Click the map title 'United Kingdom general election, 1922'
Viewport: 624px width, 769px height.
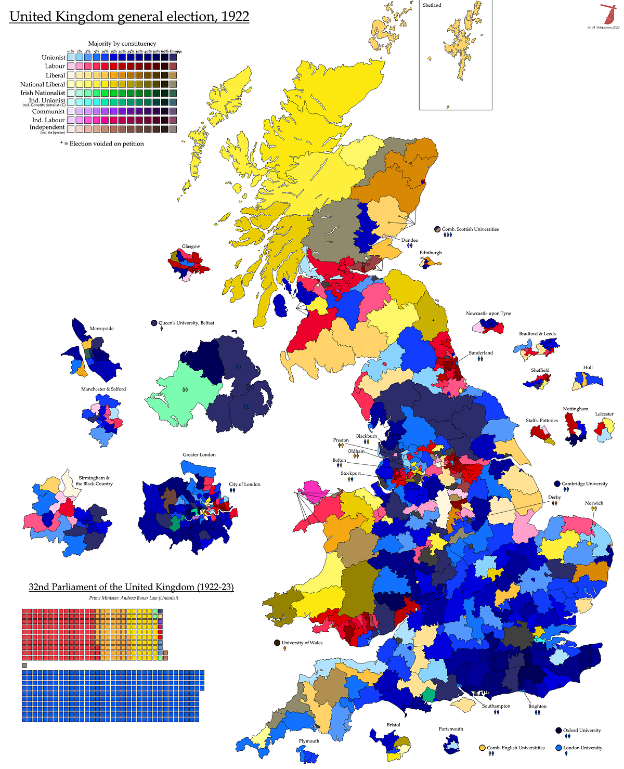[129, 17]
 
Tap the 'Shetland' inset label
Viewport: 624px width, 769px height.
[432, 5]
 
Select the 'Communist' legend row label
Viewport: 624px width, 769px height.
[48, 111]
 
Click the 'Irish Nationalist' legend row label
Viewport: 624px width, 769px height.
[43, 93]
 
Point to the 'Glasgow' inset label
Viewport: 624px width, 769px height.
[191, 246]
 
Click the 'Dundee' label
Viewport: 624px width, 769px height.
[409, 240]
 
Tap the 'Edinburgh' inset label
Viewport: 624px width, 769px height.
[431, 253]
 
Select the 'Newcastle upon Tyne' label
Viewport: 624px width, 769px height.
[488, 314]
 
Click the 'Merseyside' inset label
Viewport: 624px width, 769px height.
[101, 329]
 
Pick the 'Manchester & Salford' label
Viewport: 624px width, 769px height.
[103, 389]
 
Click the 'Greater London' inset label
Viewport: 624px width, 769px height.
[199, 454]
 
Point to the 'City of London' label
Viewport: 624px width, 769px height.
[244, 484]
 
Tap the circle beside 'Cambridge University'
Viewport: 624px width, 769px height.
[557, 484]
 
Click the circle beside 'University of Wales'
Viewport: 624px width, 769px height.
[277, 643]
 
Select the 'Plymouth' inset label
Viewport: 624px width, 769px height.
[309, 741]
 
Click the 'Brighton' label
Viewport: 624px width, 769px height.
[537, 706]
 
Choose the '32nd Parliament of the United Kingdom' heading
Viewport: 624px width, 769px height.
[131, 587]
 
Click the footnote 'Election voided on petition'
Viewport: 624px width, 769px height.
[102, 144]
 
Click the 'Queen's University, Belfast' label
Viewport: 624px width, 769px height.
[186, 323]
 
